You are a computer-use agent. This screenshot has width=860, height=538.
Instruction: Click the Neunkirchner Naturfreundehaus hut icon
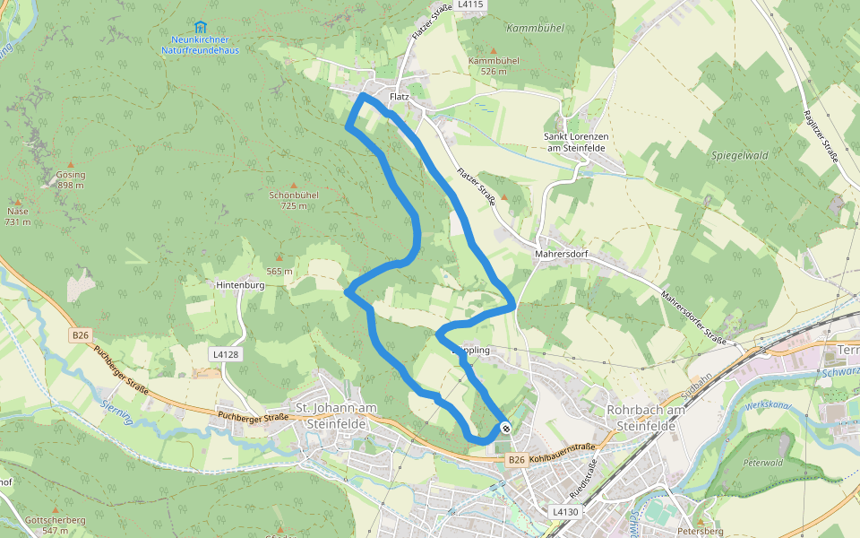pyautogui.click(x=200, y=27)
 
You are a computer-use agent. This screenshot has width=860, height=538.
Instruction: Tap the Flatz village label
pyautogui.click(x=400, y=96)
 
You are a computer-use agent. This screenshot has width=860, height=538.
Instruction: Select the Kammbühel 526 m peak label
pyautogui.click(x=494, y=65)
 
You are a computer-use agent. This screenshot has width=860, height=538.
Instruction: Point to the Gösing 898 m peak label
pyautogui.click(x=70, y=180)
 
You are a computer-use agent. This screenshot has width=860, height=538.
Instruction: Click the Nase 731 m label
pyautogui.click(x=18, y=216)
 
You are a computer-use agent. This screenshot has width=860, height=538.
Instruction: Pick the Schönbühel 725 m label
pyautogui.click(x=294, y=200)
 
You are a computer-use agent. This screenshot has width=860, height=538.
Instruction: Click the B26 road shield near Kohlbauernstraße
pyautogui.click(x=515, y=460)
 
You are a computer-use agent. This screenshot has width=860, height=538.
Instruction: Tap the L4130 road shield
pyautogui.click(x=565, y=511)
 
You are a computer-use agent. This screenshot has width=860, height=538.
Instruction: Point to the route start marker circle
pyautogui.click(x=507, y=428)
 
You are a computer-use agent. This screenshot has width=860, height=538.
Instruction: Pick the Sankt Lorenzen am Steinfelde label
pyautogui.click(x=577, y=142)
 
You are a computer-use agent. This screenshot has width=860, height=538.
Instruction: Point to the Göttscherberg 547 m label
pyautogui.click(x=56, y=525)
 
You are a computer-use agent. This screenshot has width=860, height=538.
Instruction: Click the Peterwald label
pyautogui.click(x=761, y=463)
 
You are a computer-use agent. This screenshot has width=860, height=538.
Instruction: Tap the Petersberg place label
pyautogui.click(x=701, y=530)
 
